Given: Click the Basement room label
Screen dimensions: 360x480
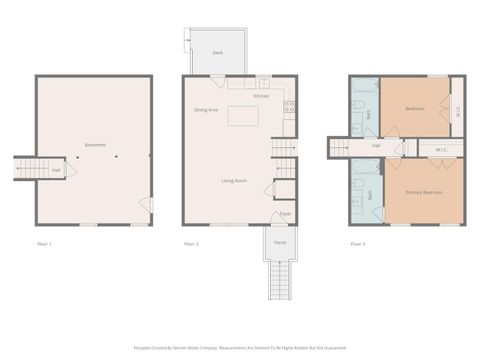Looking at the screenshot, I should (95, 145).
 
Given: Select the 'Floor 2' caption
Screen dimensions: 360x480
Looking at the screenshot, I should (191, 244).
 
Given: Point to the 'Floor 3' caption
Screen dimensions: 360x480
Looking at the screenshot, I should (357, 244).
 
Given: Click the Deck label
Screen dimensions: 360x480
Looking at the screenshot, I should (217, 53).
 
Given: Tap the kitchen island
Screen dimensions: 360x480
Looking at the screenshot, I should (243, 115).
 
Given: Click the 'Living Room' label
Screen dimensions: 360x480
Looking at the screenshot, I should (235, 180).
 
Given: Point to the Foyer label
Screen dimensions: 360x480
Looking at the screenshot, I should (284, 214).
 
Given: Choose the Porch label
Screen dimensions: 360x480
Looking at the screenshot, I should (280, 242).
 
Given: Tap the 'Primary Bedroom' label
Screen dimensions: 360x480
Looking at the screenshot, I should (424, 191).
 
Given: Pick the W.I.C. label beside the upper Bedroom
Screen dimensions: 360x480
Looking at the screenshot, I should (457, 113).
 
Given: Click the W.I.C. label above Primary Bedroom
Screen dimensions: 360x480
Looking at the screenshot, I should (440, 151).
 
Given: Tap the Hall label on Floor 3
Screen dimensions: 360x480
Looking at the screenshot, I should (376, 146).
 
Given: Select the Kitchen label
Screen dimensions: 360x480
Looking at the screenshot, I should (261, 96).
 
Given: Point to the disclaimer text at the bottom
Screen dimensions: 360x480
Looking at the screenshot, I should (240, 348).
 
